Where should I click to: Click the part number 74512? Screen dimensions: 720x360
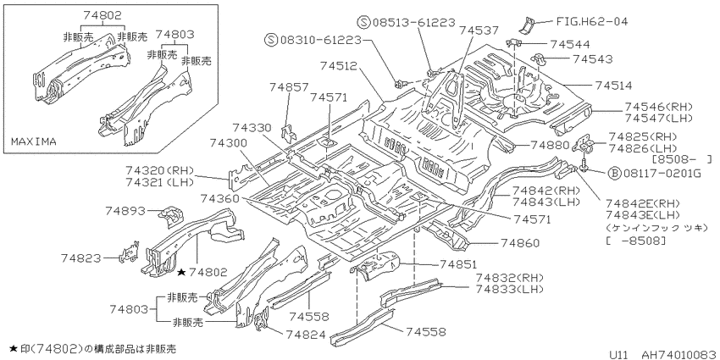340,66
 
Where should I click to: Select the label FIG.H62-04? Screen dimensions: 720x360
591,21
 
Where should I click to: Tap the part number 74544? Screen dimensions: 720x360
569,44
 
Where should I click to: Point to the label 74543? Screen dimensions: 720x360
592,58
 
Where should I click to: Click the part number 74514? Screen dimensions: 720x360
614,86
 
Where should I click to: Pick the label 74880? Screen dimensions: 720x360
549,145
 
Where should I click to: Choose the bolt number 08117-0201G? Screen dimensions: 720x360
662,174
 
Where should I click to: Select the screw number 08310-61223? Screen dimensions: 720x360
319,41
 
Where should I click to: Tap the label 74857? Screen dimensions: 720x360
289,86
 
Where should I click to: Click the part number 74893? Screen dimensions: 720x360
125,211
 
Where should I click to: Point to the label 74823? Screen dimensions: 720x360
80,258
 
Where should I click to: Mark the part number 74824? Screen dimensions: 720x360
306,335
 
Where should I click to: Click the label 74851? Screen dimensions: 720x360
458,264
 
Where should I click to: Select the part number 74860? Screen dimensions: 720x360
520,243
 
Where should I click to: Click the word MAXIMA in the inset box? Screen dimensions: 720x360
34,142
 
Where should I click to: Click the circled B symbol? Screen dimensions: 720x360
614,174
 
